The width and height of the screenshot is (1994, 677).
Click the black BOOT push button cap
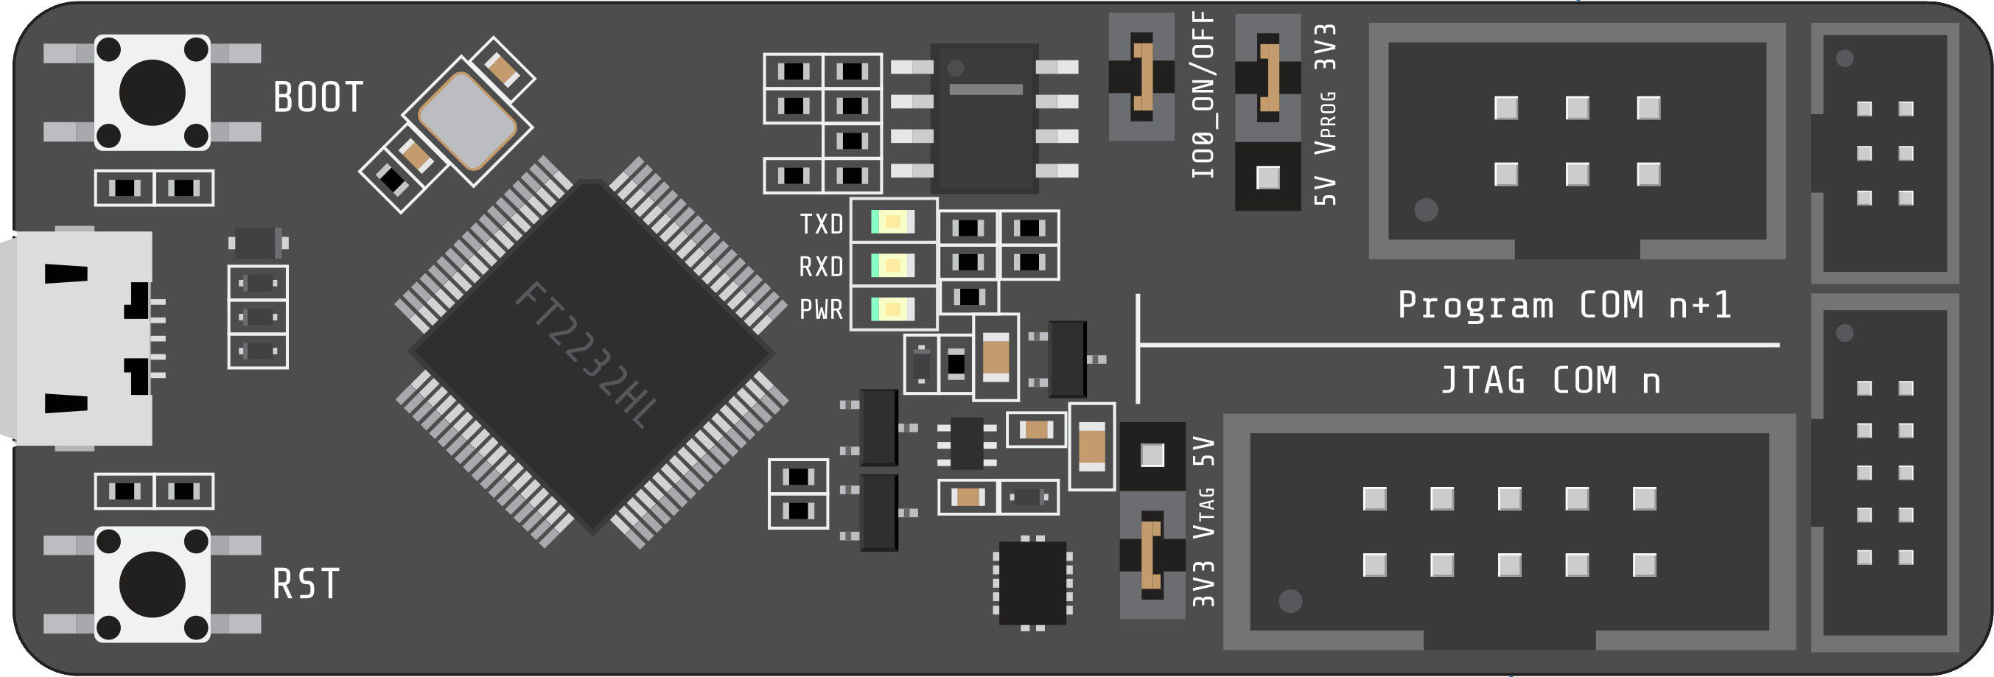[x=152, y=92]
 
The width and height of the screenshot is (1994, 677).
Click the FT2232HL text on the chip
[x=587, y=355]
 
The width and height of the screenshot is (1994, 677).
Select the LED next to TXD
[x=892, y=222]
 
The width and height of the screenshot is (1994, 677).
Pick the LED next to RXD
[x=892, y=266]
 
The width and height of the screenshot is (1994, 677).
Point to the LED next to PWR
[x=892, y=309]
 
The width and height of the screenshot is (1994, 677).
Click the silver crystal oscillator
[x=466, y=121]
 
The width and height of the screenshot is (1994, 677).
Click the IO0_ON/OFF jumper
[x=1141, y=76]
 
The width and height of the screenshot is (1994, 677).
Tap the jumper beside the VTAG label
[x=1152, y=555]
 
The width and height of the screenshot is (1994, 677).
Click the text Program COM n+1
[x=1564, y=305]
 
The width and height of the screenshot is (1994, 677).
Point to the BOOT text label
[x=318, y=97]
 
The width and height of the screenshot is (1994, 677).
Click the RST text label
[x=306, y=584]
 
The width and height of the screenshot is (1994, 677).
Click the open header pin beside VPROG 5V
[x=1268, y=178]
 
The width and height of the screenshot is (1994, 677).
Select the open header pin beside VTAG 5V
[x=1152, y=455]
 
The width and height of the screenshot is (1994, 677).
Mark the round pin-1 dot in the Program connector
[x=1426, y=210]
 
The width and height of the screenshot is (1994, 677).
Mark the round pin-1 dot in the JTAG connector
[x=1290, y=601]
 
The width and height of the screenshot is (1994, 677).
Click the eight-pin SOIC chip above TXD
[x=984, y=118]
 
